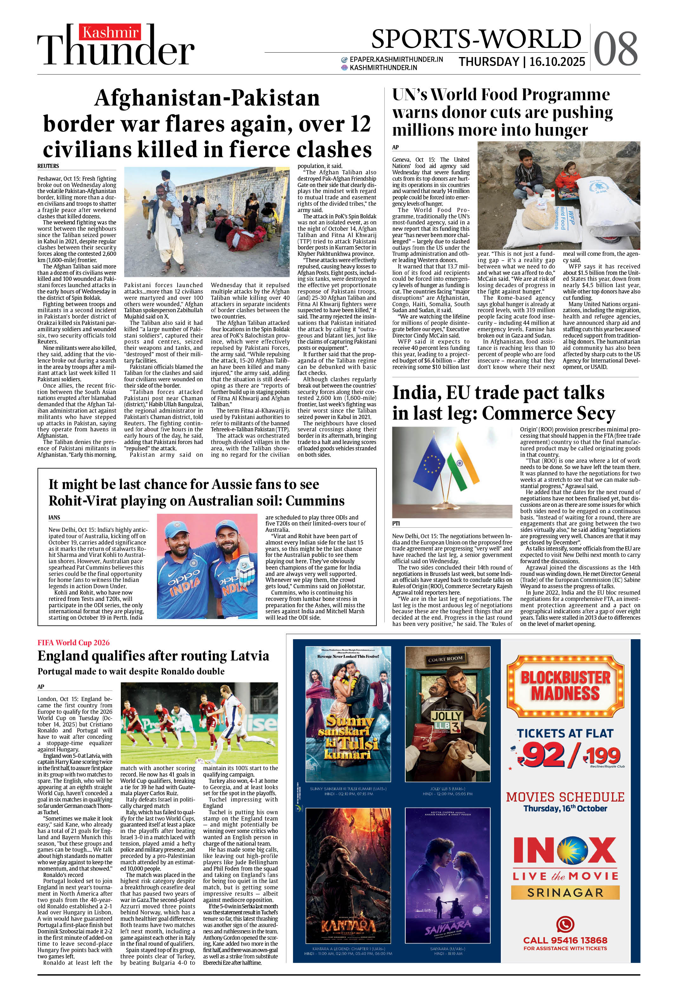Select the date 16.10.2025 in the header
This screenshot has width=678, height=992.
(x=557, y=62)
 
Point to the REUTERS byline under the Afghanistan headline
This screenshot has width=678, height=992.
(x=48, y=166)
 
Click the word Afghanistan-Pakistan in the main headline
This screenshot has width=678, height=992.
(x=207, y=98)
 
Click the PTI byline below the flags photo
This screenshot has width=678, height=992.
(x=396, y=523)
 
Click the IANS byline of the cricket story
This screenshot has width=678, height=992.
(x=54, y=517)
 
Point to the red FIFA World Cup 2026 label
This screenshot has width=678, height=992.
(x=74, y=642)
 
